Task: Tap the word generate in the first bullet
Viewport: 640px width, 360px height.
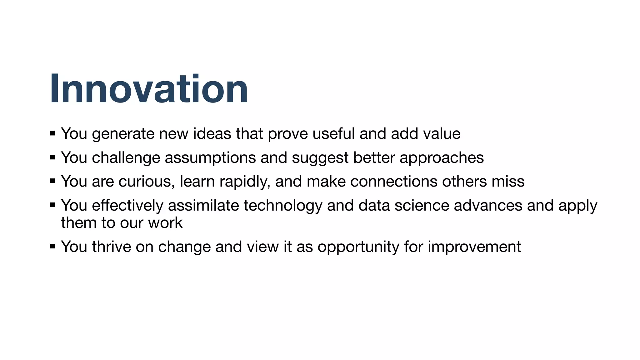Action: pyautogui.click(x=123, y=134)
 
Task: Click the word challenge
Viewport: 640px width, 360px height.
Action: pyautogui.click(x=126, y=158)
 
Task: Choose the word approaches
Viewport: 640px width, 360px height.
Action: pyautogui.click(x=442, y=158)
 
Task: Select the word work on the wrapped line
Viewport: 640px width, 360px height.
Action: pyautogui.click(x=165, y=223)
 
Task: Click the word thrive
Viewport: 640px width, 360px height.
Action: pyautogui.click(x=111, y=247)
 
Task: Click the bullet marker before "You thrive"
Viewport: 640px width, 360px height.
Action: pyautogui.click(x=52, y=246)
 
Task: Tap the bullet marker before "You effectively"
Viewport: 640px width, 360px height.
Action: pyautogui.click(x=52, y=205)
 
